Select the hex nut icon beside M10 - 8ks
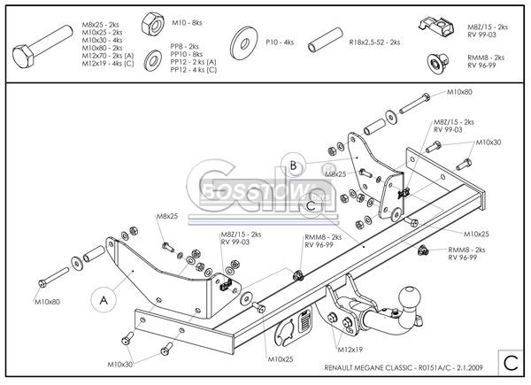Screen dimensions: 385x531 151,21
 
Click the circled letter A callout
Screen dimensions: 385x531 104,300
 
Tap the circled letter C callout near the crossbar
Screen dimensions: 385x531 312,205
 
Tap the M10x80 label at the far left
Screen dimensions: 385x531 49,303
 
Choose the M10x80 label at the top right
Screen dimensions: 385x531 459,92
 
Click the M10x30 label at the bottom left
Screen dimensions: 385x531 121,364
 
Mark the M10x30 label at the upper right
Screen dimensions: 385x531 489,142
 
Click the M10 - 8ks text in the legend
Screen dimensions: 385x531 186,20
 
